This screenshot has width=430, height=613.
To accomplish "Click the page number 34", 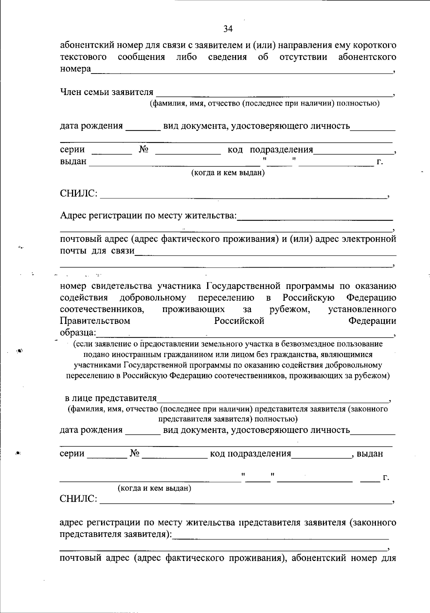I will point(228,29).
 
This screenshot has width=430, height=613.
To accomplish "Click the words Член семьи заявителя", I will point(106,93).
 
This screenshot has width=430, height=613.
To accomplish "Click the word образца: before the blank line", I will point(78,333).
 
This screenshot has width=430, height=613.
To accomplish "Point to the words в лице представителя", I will point(111,398).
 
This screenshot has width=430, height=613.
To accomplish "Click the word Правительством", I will point(95,321).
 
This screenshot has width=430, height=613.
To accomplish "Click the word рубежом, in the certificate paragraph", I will point(290,309).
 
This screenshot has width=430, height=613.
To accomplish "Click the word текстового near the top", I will point(83,57).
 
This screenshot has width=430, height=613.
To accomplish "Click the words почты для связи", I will point(97,251).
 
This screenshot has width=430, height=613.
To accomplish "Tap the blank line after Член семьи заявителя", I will point(274,94).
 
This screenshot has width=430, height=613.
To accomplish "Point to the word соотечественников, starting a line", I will point(102,309).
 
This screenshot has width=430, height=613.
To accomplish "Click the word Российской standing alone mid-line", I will point(239,321).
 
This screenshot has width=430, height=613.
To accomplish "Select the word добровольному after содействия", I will point(153,298).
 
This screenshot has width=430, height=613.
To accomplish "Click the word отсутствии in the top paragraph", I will point(303,57).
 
